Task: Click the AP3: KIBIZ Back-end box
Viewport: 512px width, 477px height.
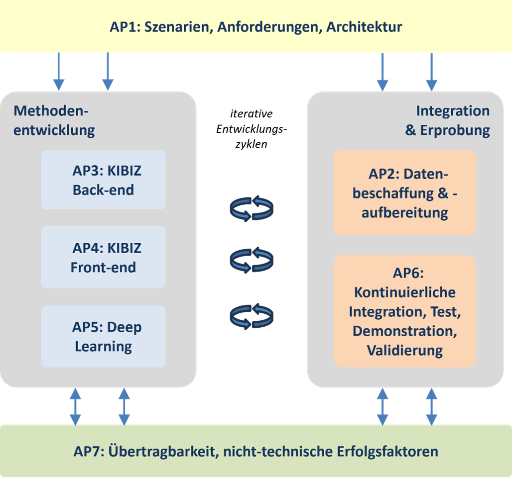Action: coord(103,180)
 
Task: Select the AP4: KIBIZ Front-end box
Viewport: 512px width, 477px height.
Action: coord(103,257)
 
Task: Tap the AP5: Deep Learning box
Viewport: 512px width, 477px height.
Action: coord(103,336)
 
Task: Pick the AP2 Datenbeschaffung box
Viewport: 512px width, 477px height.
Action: coord(404,193)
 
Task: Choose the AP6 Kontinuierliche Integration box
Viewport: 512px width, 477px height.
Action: coord(404,311)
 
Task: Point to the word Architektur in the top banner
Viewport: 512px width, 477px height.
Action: coord(364,26)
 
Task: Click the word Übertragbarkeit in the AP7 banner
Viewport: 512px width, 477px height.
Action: coord(154,452)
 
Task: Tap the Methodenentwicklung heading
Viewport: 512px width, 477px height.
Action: coord(54,120)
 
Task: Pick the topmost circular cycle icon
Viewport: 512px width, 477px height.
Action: coord(252,208)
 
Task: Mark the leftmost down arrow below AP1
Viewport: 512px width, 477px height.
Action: coord(59,72)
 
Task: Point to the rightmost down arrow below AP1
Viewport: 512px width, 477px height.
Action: coord(431,72)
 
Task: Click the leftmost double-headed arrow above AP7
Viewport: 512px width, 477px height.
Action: coord(75,406)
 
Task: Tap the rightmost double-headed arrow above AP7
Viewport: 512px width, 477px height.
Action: coord(431,406)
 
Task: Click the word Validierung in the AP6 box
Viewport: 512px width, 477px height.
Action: coord(404,350)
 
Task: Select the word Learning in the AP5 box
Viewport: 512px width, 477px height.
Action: coord(103,346)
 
